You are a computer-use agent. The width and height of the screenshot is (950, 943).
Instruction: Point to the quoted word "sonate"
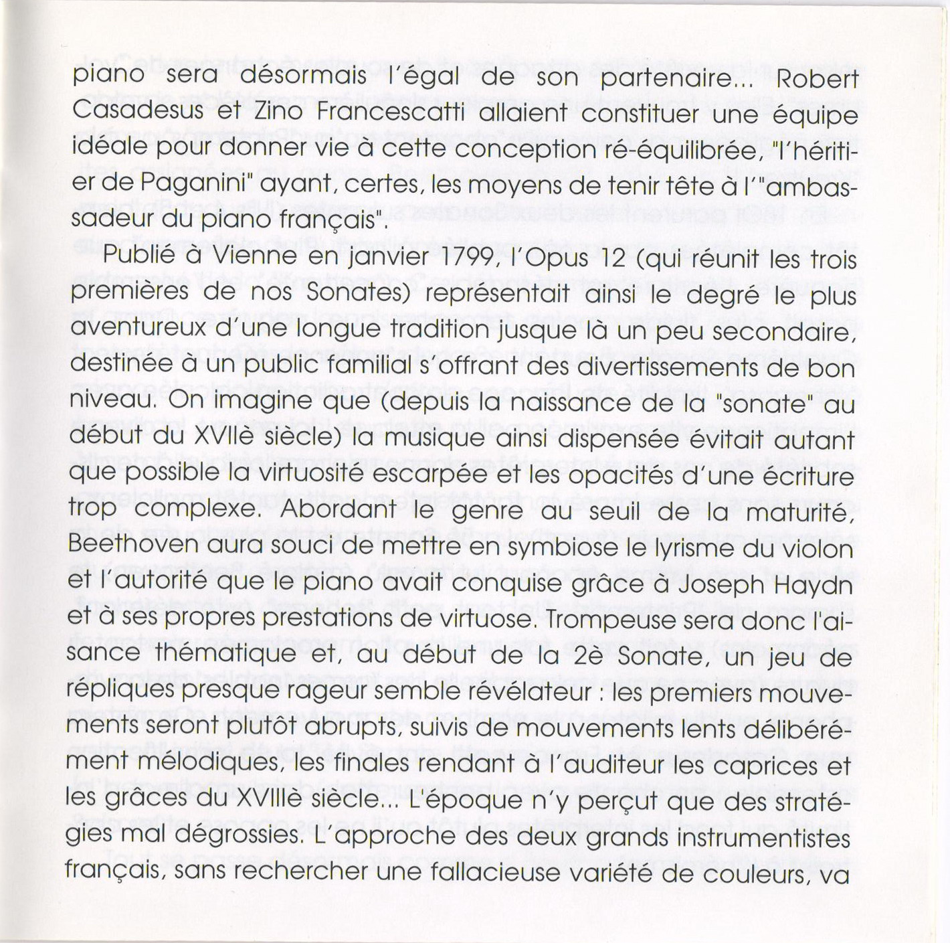[x=772, y=402]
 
